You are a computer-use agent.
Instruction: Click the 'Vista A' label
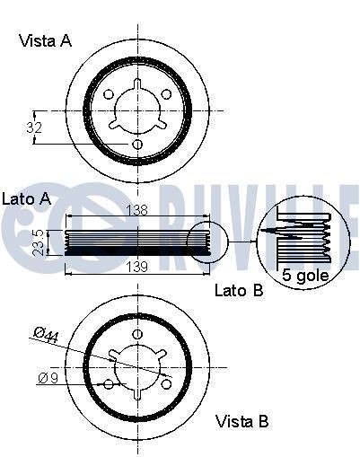pyautogui.click(x=46, y=40)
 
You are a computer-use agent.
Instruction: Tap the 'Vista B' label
pyautogui.click(x=241, y=421)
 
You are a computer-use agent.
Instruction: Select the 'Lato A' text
pyautogui.click(x=26, y=198)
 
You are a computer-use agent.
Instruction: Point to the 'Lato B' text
pyautogui.click(x=239, y=290)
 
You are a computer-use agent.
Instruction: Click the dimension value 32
pyautogui.click(x=34, y=127)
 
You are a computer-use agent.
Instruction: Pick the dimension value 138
pyautogui.click(x=136, y=210)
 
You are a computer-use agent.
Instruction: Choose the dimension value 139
pyautogui.click(x=136, y=267)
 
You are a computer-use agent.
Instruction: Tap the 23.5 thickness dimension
pyautogui.click(x=39, y=242)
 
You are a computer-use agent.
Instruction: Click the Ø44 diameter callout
pyautogui.click(x=46, y=335)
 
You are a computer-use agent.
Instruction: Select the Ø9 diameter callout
pyautogui.click(x=48, y=378)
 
